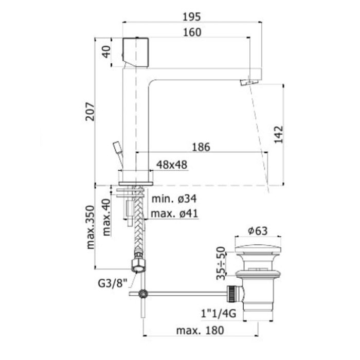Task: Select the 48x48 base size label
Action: [171, 165]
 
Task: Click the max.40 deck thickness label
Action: [106, 217]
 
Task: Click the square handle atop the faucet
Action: [135, 51]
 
